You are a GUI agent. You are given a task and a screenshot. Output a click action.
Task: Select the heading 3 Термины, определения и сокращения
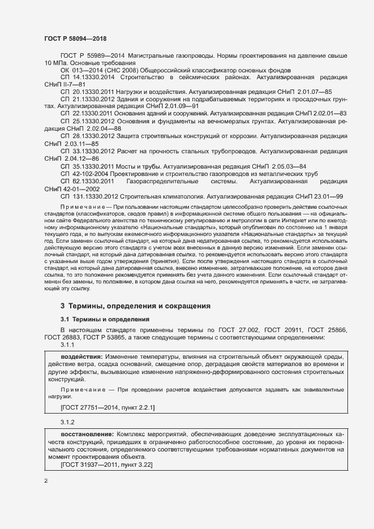135,306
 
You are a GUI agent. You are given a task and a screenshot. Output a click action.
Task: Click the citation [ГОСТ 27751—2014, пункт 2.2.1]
108,407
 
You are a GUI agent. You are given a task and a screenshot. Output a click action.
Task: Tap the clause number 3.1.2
67,422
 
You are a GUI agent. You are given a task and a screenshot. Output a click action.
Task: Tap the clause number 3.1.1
67,345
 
